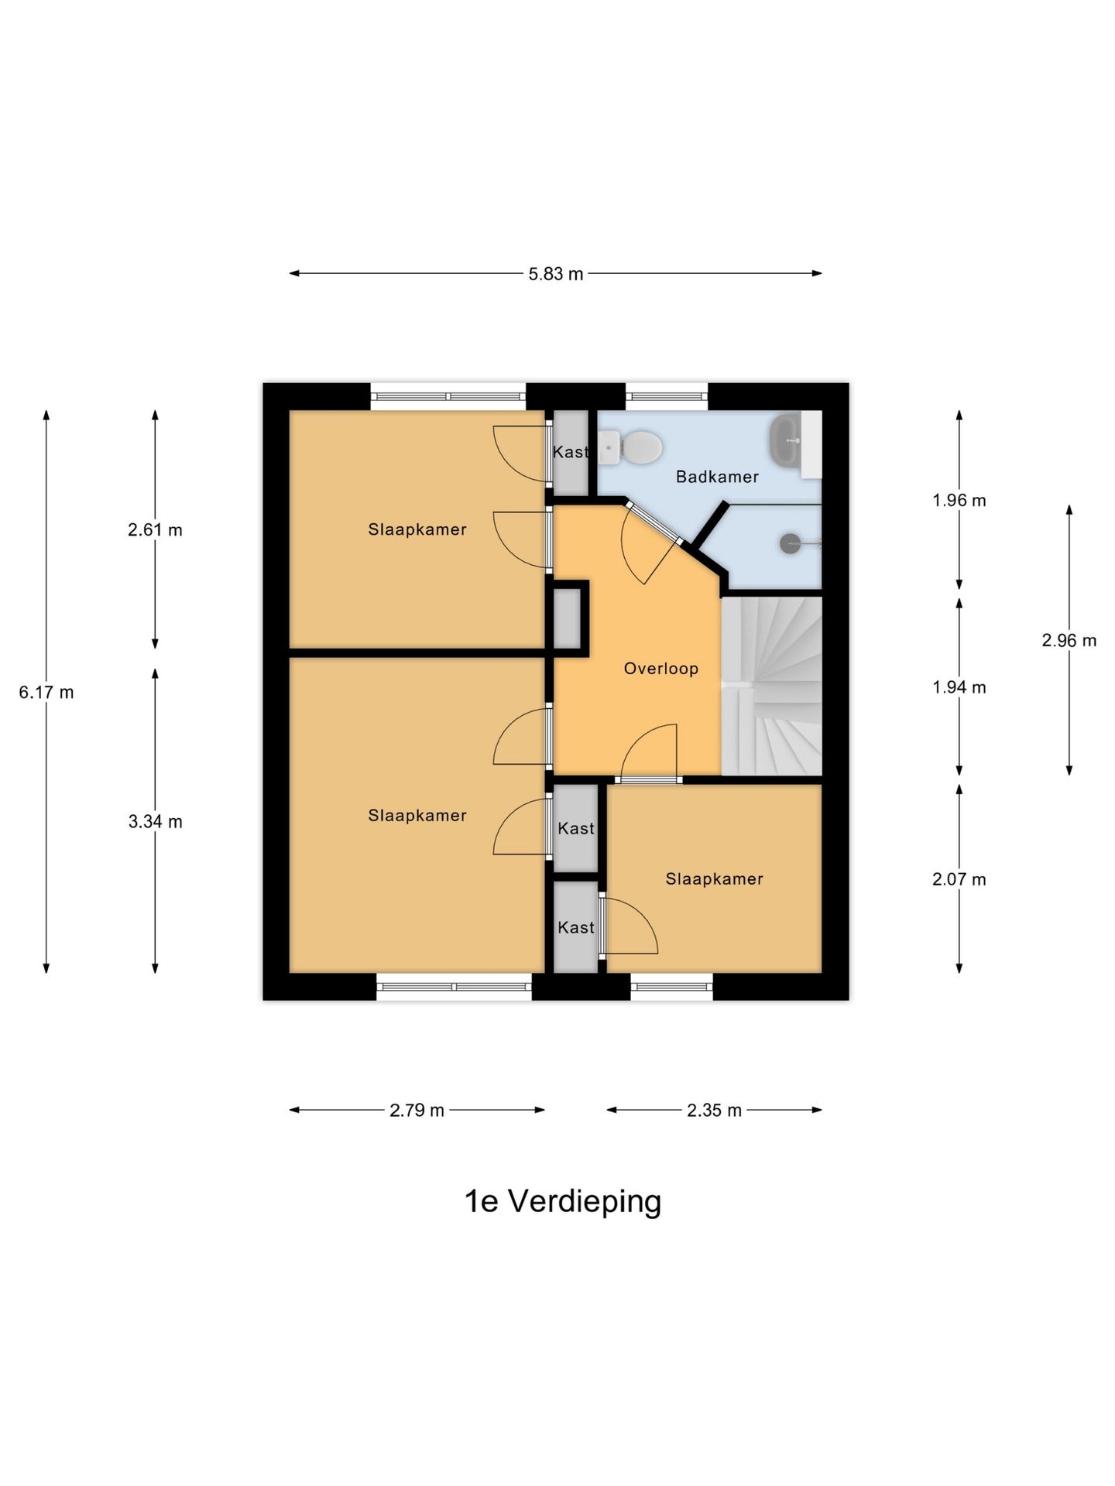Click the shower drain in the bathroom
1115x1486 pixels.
pyautogui.click(x=790, y=543)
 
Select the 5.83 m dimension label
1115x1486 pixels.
pyautogui.click(x=555, y=274)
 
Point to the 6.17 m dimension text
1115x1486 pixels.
pyautogui.click(x=46, y=693)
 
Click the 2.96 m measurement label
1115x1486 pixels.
pyautogui.click(x=1069, y=641)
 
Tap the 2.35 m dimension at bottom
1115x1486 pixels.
pyautogui.click(x=714, y=1111)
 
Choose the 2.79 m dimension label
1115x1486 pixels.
pyautogui.click(x=417, y=1111)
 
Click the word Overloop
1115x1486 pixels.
pyautogui.click(x=660, y=669)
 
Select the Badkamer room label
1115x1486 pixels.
pyautogui.click(x=717, y=477)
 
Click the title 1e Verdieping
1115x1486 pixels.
pyautogui.click(x=562, y=1201)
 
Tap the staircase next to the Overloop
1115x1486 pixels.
pyautogui.click(x=771, y=687)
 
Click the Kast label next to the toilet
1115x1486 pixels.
pyautogui.click(x=571, y=452)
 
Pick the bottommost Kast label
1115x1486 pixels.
pyautogui.click(x=576, y=927)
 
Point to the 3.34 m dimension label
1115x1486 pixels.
pyautogui.click(x=155, y=822)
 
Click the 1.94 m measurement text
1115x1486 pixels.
pyautogui.click(x=959, y=687)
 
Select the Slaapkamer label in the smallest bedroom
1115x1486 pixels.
pyautogui.click(x=714, y=879)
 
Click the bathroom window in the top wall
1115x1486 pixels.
pyautogui.click(x=667, y=397)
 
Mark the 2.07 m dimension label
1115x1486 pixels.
pyautogui.click(x=959, y=879)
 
